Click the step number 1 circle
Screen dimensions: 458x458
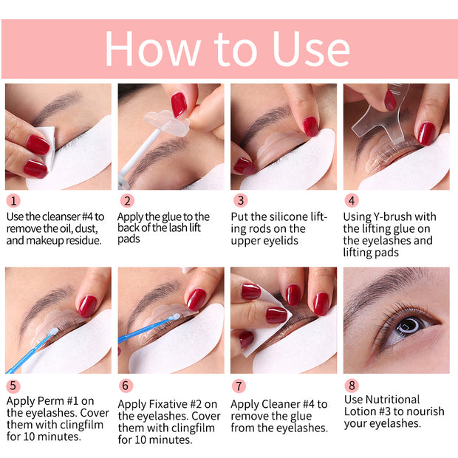pyautogui.click(x=13, y=200)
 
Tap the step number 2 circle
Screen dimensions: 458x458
pyautogui.click(x=126, y=200)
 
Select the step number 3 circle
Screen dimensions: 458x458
pyautogui.click(x=239, y=200)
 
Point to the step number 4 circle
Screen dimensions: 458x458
pyautogui.click(x=352, y=200)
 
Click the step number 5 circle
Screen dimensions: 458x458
pyautogui.click(x=13, y=385)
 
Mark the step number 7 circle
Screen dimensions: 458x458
pyautogui.click(x=239, y=385)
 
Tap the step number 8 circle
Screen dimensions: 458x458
pyautogui.click(x=352, y=385)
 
